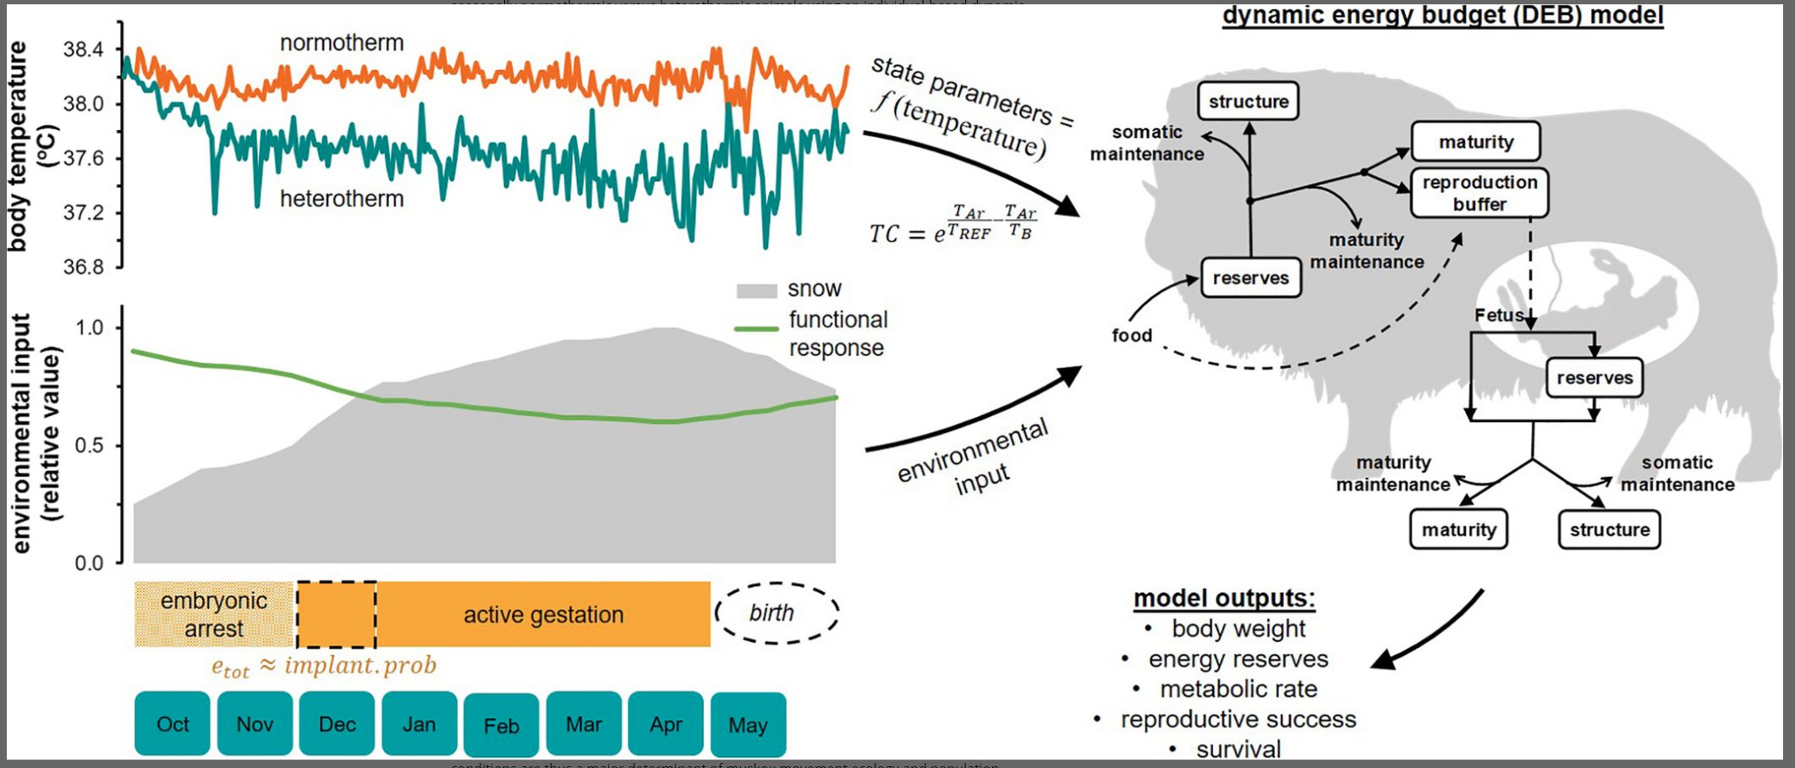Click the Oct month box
tap(172, 724)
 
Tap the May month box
tap(748, 725)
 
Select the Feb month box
tap(501, 726)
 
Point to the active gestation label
tap(543, 615)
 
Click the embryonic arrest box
tap(214, 615)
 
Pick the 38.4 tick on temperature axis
tap(83, 50)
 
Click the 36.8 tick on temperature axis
tap(83, 267)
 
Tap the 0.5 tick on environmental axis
tap(89, 446)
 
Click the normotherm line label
tap(342, 43)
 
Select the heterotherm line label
tap(342, 199)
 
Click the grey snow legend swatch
tap(756, 290)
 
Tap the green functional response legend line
tap(756, 328)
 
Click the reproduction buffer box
tap(1479, 193)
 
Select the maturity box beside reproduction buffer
tap(1475, 142)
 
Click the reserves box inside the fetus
tap(1594, 378)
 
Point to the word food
tap(1132, 336)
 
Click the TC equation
tap(952, 226)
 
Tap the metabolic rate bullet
tap(1238, 689)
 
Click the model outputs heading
tap(1223, 598)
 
